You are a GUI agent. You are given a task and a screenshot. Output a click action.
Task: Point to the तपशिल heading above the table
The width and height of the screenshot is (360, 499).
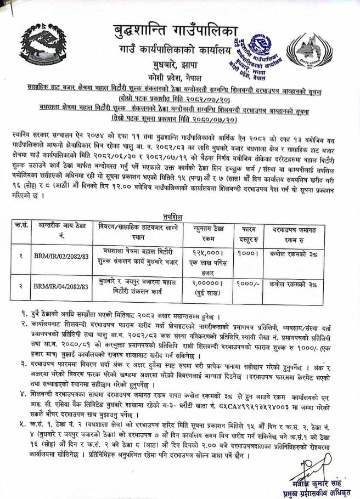[x=181, y=216]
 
